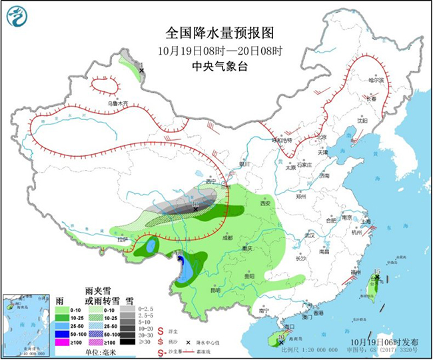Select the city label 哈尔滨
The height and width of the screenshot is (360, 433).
(377, 80)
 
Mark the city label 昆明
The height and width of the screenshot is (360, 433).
(215, 290)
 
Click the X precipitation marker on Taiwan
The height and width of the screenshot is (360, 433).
(377, 277)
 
